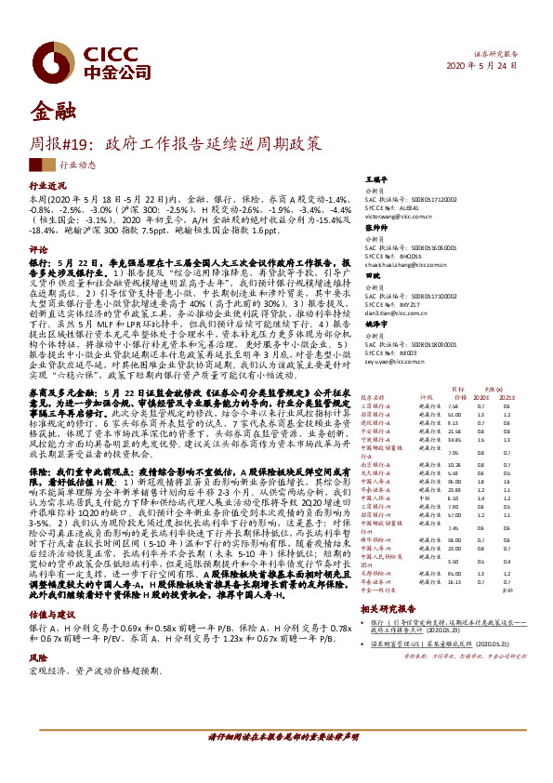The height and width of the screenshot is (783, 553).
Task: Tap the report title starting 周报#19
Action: (x=178, y=144)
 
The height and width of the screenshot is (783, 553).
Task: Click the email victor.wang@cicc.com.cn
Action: (x=396, y=214)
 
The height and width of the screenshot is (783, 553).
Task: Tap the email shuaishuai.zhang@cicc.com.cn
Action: (x=402, y=265)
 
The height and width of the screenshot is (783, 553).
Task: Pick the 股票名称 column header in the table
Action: (x=373, y=398)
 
